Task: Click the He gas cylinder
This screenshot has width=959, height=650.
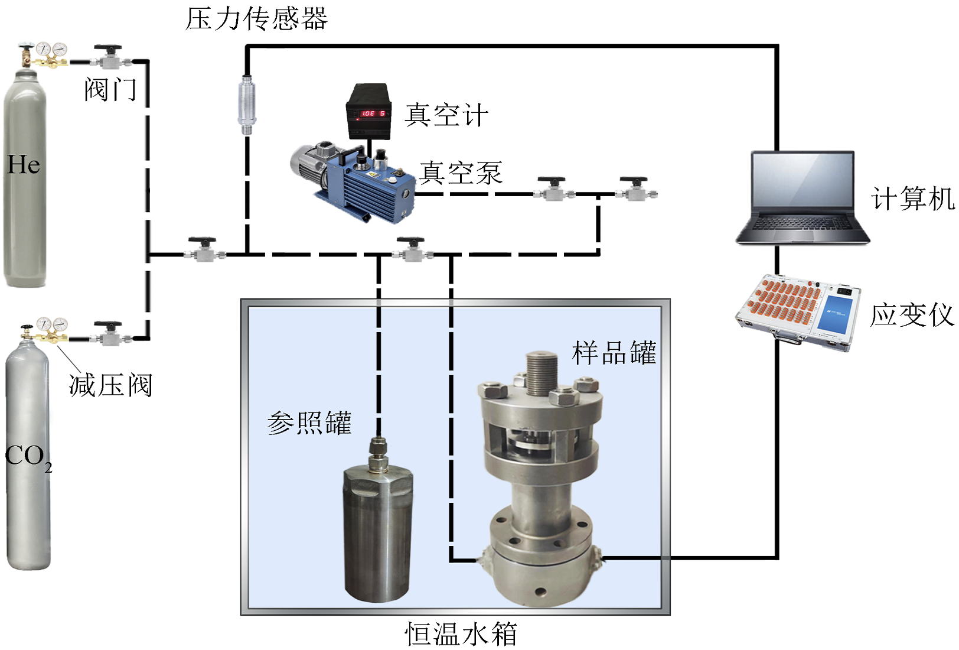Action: tap(25, 177)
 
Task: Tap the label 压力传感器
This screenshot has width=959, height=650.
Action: tap(256, 19)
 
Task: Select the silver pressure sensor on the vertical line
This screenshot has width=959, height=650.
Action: tap(247, 100)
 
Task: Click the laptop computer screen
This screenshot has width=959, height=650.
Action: tap(803, 184)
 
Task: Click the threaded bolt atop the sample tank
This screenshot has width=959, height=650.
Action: tap(542, 372)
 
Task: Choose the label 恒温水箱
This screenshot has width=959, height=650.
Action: tap(461, 635)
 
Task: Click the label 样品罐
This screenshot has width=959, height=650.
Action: tap(614, 353)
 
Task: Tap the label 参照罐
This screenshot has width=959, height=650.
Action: tap(309, 423)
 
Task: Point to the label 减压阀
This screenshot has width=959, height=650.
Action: tap(110, 386)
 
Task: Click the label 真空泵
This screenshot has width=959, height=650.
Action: tap(461, 173)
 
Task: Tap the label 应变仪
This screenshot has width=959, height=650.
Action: tap(912, 315)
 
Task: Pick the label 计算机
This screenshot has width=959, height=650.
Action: tap(912, 199)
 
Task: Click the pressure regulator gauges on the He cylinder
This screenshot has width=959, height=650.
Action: tap(51, 50)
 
